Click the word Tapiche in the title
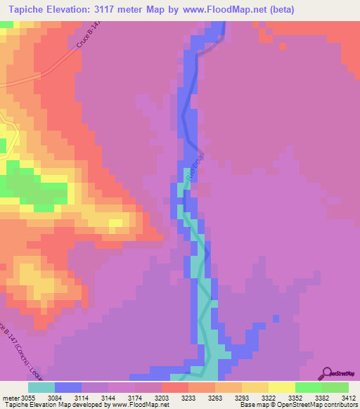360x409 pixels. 28,10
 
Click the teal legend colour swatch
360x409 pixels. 41,387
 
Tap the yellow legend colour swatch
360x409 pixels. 281,387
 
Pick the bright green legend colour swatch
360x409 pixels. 308,387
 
